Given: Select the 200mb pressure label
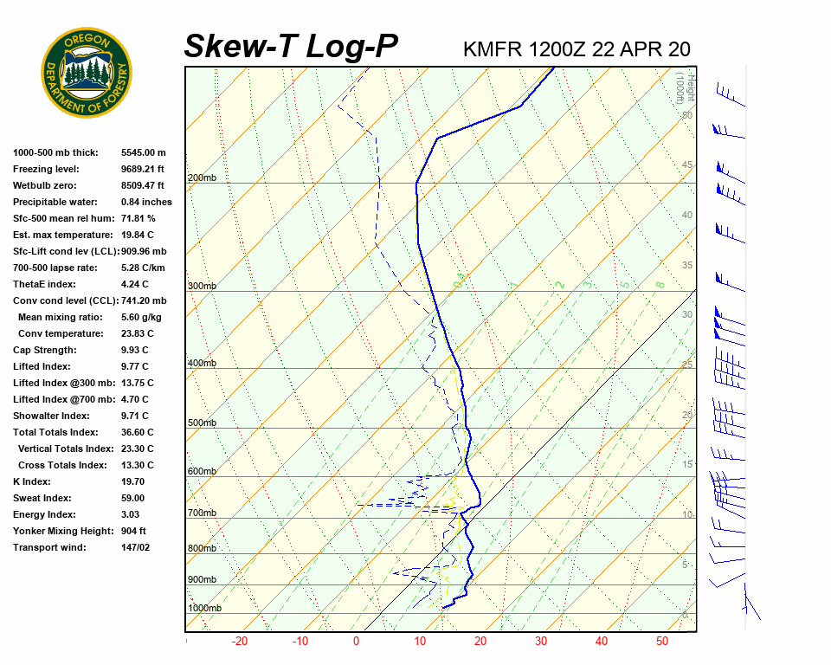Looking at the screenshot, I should (x=203, y=178).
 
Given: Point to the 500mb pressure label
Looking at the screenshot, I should (x=203, y=423).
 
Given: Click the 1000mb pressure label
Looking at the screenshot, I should (x=205, y=609).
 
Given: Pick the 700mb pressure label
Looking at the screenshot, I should (x=203, y=513).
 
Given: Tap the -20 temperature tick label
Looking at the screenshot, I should (x=240, y=642).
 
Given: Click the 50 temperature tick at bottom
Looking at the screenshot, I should (x=662, y=642).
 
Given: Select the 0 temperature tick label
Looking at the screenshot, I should (x=356, y=642).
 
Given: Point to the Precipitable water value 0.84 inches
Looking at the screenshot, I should (x=146, y=202).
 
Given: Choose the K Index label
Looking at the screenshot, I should (x=32, y=481).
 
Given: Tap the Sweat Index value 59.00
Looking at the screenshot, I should (x=133, y=498).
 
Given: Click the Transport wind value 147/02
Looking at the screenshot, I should (x=136, y=547).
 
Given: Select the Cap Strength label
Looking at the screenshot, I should (x=45, y=350).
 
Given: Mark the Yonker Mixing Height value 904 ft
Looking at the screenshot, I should (x=133, y=531).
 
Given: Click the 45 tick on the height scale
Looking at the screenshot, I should (x=687, y=165).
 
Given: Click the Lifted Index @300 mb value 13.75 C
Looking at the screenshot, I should (x=138, y=383).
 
